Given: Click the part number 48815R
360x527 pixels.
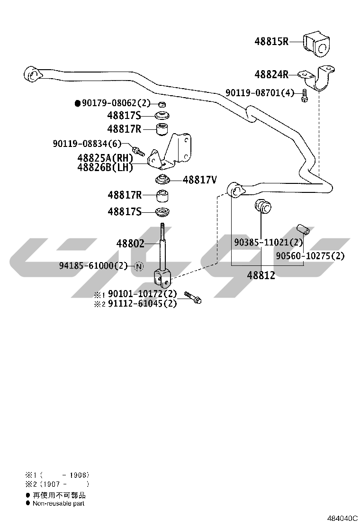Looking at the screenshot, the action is (x=271, y=41).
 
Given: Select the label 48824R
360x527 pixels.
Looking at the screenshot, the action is (x=271, y=74).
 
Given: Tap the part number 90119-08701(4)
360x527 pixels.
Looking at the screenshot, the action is (x=260, y=92).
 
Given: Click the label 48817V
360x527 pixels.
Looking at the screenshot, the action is (x=200, y=180).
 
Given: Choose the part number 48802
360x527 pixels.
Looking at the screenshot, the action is (x=130, y=243).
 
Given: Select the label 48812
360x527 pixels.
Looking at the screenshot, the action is (x=261, y=275).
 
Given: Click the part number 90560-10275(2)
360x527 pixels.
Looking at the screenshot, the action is (x=310, y=256).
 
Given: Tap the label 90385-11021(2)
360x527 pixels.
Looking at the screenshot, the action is (x=268, y=242).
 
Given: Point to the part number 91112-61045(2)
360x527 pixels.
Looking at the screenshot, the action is (x=142, y=303).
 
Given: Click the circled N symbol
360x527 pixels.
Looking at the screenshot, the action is (x=139, y=266).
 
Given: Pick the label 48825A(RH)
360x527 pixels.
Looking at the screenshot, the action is (x=105, y=158).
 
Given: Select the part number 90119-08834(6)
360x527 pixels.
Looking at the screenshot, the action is (x=87, y=144).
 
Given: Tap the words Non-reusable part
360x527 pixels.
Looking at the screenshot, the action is (x=58, y=503).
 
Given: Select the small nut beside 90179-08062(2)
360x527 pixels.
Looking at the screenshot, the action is (x=162, y=104).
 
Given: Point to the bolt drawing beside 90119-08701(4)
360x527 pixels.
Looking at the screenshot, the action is (x=304, y=95).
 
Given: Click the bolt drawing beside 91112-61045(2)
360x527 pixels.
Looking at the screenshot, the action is (x=192, y=298).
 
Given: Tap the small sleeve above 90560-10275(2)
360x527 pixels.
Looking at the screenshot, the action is (x=303, y=230).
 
